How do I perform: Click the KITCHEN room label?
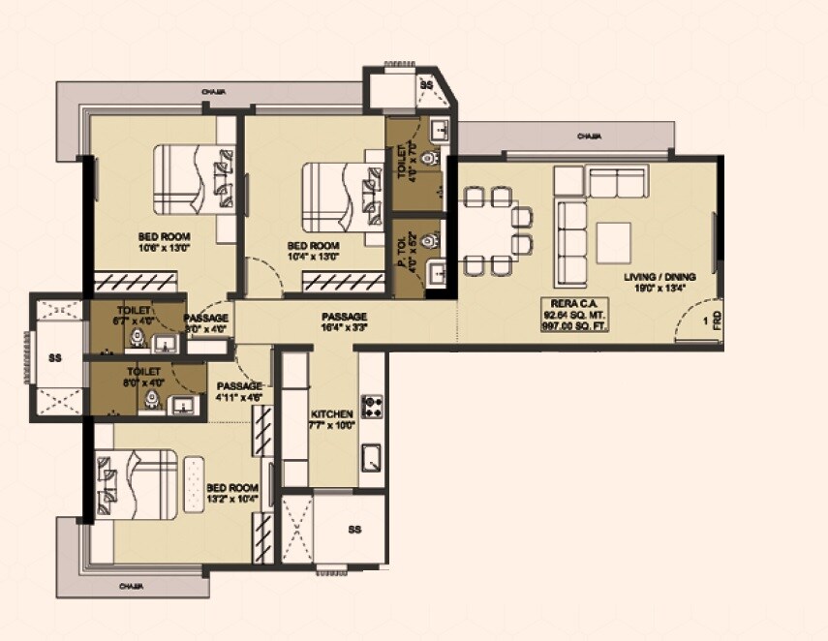point(332,418)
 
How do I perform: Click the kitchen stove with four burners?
point(370,406)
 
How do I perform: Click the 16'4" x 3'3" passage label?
point(345,322)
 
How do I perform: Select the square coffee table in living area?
point(613,240)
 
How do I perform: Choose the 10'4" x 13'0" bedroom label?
point(313,250)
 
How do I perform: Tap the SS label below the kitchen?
point(354,530)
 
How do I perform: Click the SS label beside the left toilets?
point(53,357)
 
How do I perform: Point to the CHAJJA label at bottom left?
point(132,587)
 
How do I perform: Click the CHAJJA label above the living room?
point(589,137)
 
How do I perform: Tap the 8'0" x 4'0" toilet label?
point(143,377)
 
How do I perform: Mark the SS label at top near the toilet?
point(426,86)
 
